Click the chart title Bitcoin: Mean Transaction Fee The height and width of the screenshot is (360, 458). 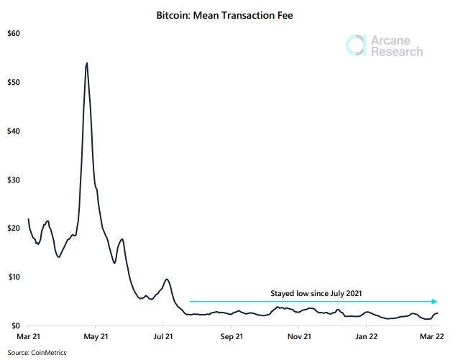[x=229, y=14]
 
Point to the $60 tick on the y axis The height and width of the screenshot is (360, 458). [x=12, y=34]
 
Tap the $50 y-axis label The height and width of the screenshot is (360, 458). [x=12, y=83]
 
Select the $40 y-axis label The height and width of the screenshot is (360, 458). [x=12, y=131]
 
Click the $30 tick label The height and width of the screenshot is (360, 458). [x=12, y=180]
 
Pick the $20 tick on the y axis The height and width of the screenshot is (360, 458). [x=12, y=229]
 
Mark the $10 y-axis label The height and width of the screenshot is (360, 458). [x=12, y=277]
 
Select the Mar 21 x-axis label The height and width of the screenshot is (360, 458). [x=28, y=336]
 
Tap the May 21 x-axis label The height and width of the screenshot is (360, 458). [x=96, y=336]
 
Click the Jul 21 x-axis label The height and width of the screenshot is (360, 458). [x=164, y=336]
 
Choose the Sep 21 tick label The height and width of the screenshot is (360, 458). [x=232, y=336]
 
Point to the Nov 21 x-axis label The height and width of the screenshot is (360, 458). [x=299, y=336]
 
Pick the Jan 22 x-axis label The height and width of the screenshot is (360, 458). [x=367, y=336]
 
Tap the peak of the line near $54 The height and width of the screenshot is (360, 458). [x=87, y=63]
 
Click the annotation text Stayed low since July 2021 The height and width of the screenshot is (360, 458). [x=316, y=293]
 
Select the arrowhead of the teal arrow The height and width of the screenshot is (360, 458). [x=434, y=302]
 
